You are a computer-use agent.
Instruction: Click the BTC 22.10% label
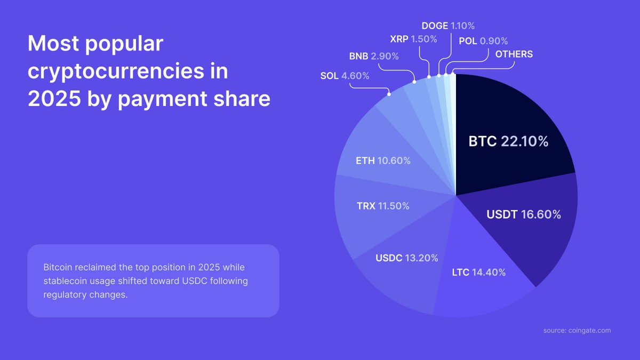[x=508, y=142]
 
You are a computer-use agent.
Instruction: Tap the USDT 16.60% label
[x=524, y=214]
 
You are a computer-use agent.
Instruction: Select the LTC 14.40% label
[x=478, y=272]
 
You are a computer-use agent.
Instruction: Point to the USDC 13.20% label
[x=407, y=258]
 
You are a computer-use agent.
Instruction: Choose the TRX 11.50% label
[x=383, y=205]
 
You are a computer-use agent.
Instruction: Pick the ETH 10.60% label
[x=383, y=160]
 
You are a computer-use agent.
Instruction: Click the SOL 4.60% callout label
[x=345, y=76]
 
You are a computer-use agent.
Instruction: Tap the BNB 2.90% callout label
[x=374, y=56]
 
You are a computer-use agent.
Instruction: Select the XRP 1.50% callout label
[x=414, y=39]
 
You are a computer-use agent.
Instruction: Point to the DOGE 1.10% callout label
[x=448, y=26]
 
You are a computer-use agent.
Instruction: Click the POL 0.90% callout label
[x=483, y=41]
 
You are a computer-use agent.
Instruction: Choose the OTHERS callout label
[x=514, y=54]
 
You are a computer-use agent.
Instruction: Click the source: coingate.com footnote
[x=577, y=331]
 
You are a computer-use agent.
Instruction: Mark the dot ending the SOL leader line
[x=389, y=94]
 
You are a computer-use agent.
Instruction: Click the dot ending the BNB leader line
[x=414, y=82]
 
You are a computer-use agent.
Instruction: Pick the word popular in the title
[x=123, y=44]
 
